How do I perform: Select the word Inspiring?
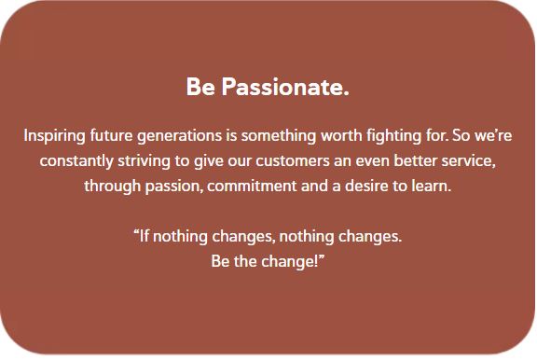(x=53, y=135)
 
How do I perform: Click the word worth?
(x=340, y=135)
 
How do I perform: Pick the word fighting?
(x=392, y=136)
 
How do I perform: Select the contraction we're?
(x=491, y=135)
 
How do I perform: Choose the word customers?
(x=288, y=160)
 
